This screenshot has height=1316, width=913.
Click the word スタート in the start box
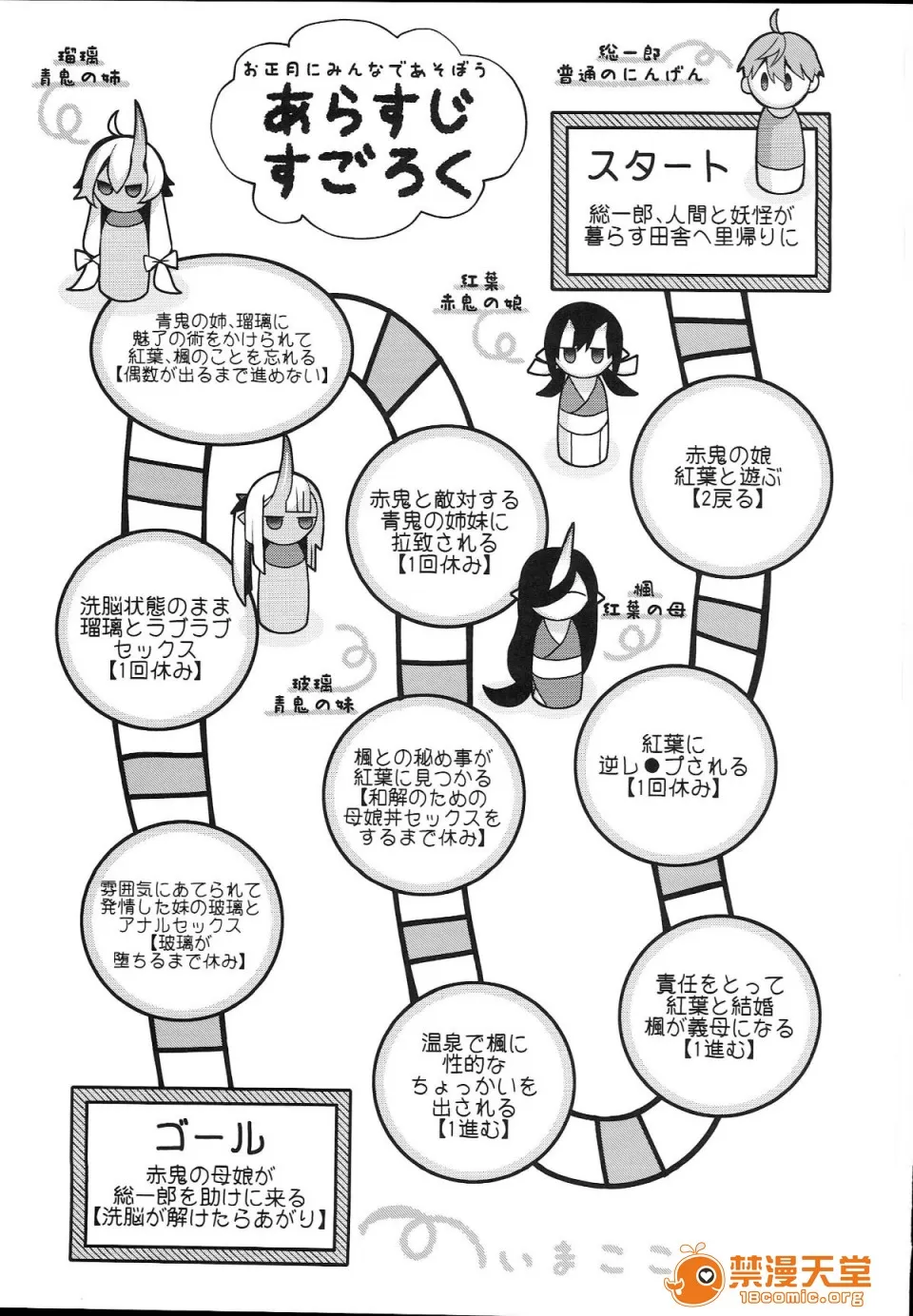click(x=657, y=167)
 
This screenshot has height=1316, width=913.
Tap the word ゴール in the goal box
click(x=209, y=1135)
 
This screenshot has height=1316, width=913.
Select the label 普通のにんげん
click(x=629, y=75)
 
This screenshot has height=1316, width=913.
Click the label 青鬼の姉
click(x=80, y=79)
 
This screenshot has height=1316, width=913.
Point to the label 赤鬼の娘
click(x=483, y=302)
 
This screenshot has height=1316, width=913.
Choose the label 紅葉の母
click(x=644, y=610)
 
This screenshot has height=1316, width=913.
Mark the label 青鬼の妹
click(x=313, y=705)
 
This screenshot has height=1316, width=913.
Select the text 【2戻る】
click(x=728, y=497)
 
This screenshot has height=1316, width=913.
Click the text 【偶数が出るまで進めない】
click(x=221, y=375)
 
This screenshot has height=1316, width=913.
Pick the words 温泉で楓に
click(x=474, y=1044)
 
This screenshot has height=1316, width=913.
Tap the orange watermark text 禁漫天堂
click(x=799, y=1270)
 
